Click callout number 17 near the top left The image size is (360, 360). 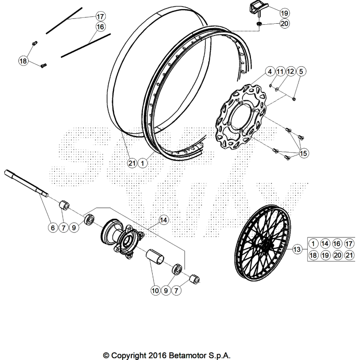click(100, 16)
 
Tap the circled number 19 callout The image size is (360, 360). click(284, 13)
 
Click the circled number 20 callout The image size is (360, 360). click(284, 23)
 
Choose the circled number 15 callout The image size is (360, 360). click(303, 154)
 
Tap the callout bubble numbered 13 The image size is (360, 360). click(297, 250)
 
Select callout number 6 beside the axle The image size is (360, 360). click(51, 227)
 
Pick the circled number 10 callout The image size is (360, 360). click(155, 291)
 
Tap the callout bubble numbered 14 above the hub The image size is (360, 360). click(164, 220)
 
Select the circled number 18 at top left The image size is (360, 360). click(23, 61)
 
